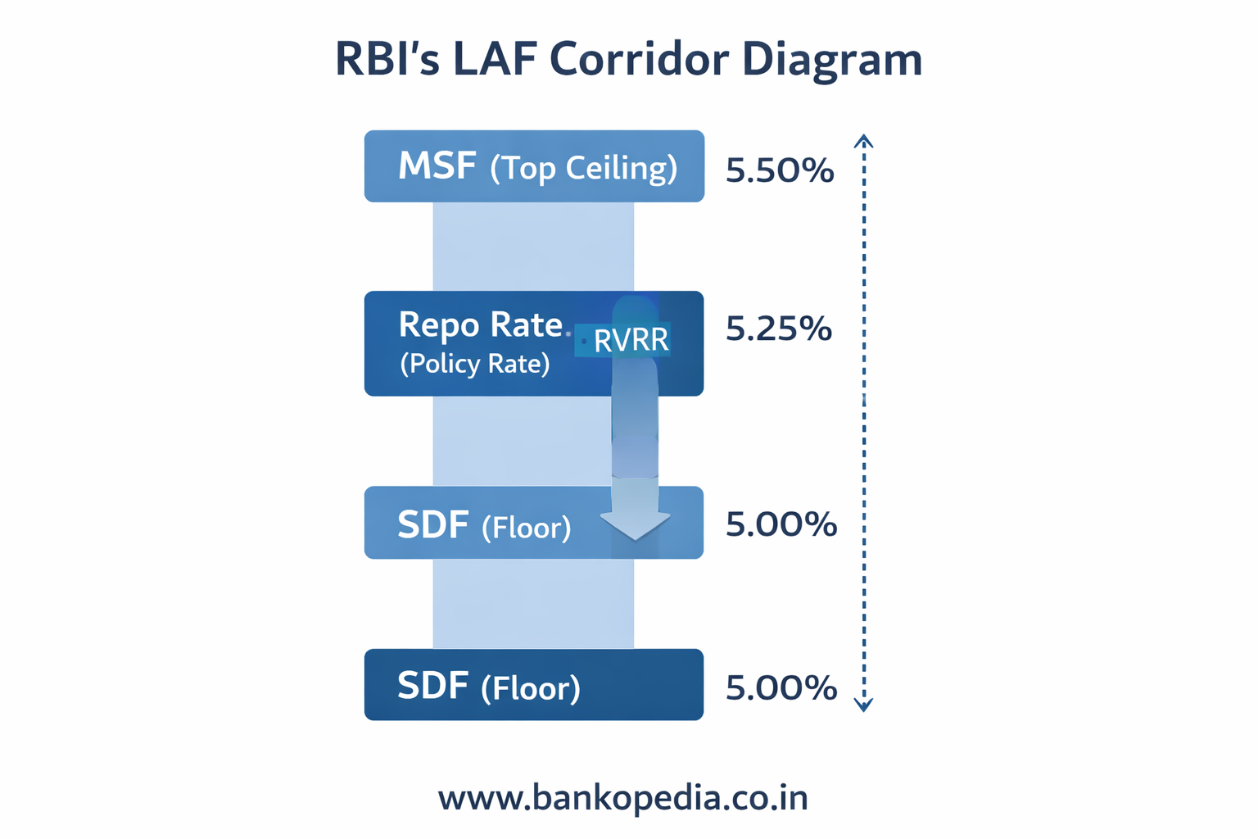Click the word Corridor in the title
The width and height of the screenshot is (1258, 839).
638,60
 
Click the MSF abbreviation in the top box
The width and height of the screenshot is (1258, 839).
437,166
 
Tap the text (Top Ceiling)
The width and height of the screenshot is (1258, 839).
583,168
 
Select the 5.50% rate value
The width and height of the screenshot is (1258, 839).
779,170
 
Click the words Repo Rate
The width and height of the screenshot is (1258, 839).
480,325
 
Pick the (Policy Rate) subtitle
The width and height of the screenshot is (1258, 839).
474,363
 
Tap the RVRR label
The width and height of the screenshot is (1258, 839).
631,340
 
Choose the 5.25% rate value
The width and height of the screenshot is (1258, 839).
778,329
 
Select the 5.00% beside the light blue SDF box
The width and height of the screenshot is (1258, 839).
781,524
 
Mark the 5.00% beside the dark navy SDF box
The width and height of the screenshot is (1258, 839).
781,687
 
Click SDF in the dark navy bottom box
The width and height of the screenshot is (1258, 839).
432,686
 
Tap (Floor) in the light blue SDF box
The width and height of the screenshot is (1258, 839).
526,527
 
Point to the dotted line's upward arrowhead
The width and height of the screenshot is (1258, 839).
863,141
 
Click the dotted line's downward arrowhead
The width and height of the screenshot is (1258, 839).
863,705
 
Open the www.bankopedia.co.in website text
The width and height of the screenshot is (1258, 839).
622,797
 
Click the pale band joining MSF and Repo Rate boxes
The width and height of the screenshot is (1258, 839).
532,246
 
